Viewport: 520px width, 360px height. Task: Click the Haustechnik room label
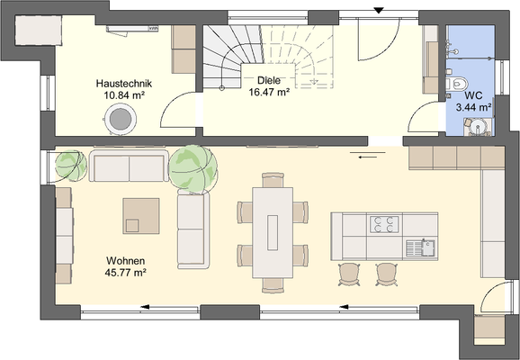pyautogui.click(x=125, y=83)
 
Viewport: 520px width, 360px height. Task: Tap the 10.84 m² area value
pyautogui.click(x=125, y=94)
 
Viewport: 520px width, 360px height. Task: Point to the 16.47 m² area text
pyautogui.click(x=268, y=91)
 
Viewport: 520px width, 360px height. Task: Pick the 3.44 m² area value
pyautogui.click(x=473, y=106)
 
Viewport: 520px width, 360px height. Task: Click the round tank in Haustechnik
pyautogui.click(x=120, y=116)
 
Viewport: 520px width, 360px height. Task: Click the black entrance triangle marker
pyautogui.click(x=379, y=10)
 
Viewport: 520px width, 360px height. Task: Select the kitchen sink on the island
pyautogui.click(x=419, y=244)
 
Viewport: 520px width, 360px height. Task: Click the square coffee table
pyautogui.click(x=141, y=215)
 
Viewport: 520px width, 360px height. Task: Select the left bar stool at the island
pyautogui.click(x=348, y=273)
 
